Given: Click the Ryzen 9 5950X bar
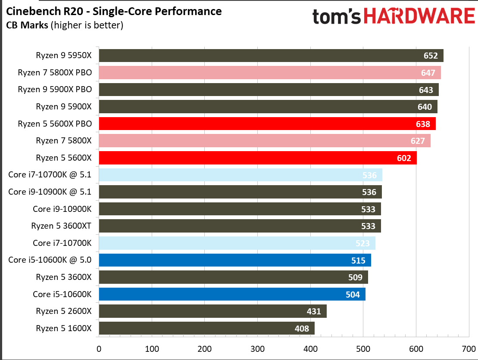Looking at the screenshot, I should click(259, 56).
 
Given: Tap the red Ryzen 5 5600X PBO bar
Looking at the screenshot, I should click(259, 124).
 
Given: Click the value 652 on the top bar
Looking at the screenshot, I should click(431, 56).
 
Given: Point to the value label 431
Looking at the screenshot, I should click(314, 311).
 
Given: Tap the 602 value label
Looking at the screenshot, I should click(404, 158).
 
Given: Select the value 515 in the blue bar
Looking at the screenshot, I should click(358, 260).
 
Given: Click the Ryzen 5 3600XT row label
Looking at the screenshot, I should click(61, 226).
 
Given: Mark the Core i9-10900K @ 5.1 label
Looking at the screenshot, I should click(50, 192).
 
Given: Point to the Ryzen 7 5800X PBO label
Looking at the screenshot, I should click(55, 72).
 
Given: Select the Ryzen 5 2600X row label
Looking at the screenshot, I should click(64, 311).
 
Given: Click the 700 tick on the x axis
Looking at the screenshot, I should click(469, 348).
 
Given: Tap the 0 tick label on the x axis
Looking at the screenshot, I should click(99, 348).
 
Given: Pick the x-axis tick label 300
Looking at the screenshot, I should click(257, 348).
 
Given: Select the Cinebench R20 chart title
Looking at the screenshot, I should click(114, 11).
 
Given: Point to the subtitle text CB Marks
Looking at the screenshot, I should click(27, 25).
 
